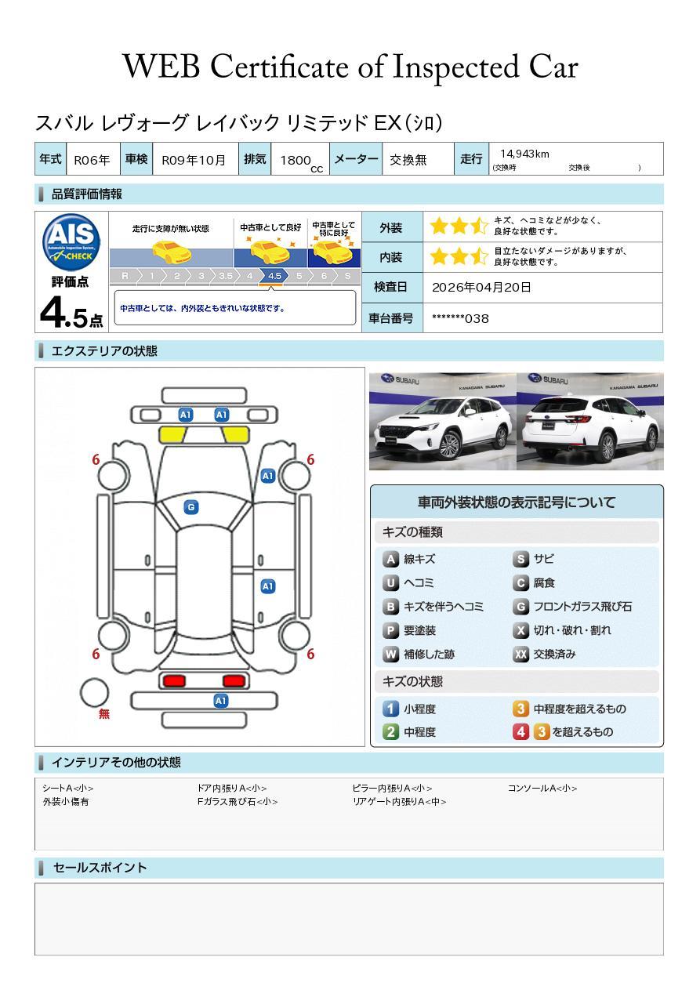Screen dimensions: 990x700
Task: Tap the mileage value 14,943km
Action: [524, 154]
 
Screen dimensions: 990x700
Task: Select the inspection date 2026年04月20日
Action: [481, 287]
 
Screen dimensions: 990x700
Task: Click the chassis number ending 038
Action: [460, 318]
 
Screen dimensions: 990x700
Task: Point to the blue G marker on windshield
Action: [190, 507]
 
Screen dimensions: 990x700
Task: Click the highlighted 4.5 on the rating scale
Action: [274, 276]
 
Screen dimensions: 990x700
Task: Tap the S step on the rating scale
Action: [346, 276]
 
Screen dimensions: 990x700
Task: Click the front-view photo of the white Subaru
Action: [442, 422]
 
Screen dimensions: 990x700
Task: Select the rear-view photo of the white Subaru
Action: [590, 422]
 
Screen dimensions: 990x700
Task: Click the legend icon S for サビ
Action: [520, 559]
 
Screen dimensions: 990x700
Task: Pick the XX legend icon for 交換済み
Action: [520, 654]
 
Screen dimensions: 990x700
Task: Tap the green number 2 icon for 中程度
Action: [390, 731]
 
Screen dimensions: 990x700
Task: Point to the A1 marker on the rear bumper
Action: [221, 701]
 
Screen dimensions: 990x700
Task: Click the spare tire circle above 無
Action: [94, 692]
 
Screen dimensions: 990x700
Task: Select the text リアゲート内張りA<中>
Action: [399, 802]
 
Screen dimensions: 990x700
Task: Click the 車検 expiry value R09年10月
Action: [194, 160]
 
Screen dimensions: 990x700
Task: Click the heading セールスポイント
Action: [100, 868]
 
